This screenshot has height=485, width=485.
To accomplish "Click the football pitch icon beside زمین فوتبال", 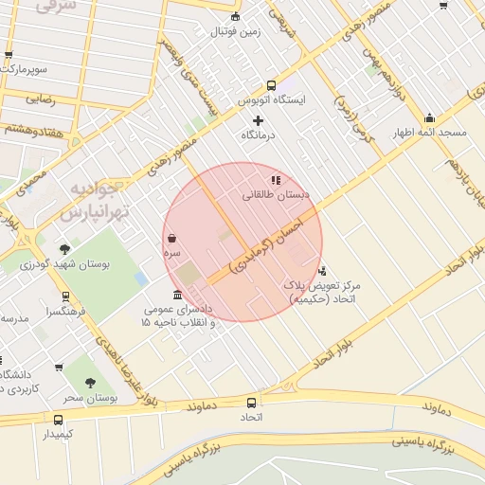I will [236, 16].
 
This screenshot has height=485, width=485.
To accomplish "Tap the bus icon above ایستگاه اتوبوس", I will [272, 84].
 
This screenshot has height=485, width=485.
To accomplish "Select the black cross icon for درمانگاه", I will [258, 120].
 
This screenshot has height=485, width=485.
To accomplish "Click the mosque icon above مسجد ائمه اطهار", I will [429, 118].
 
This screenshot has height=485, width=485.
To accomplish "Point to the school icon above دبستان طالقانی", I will [276, 179].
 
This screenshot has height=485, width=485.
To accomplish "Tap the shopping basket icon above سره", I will [171, 239].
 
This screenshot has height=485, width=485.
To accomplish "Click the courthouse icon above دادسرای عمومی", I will [178, 295].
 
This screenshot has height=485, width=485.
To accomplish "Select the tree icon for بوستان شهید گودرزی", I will [64, 249].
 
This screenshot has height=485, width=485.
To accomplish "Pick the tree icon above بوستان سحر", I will [90, 383].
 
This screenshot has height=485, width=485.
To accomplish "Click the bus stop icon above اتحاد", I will [251, 402].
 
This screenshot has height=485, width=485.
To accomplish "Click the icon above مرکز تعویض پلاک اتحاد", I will [322, 270].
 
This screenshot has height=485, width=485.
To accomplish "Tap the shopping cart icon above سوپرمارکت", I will [9, 55].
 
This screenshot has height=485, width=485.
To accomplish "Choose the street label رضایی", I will [39, 97].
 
